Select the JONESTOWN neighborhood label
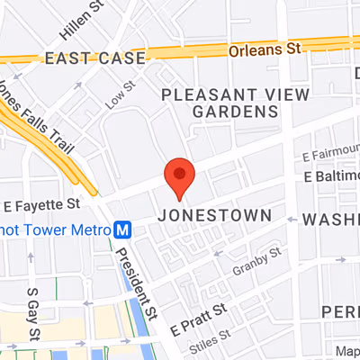tap(213, 216)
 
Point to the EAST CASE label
tap(94, 59)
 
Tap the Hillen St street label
tap(79, 27)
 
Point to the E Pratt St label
tap(197, 320)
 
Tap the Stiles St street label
tap(205, 344)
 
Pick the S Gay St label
tap(33, 315)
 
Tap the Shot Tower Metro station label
tap(54, 229)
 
